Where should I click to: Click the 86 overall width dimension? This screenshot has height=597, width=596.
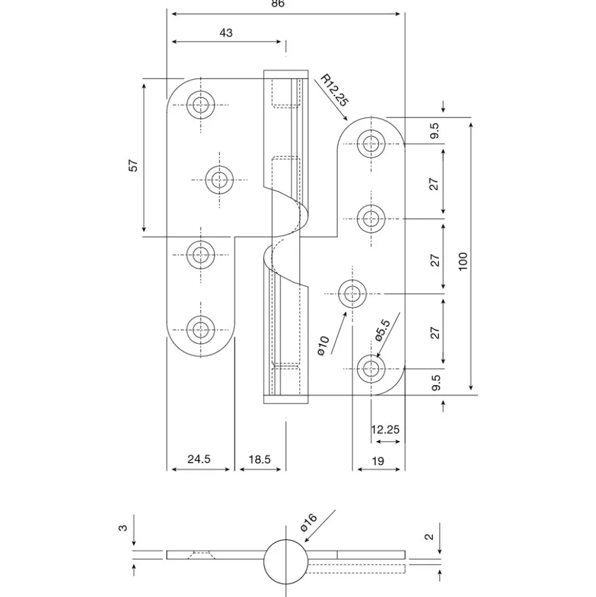(278, 4)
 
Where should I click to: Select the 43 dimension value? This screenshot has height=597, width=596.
(226, 33)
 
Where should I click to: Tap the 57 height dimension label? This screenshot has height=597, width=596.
(134, 166)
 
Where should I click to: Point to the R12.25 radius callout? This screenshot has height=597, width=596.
(334, 90)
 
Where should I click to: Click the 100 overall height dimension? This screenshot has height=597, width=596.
(463, 261)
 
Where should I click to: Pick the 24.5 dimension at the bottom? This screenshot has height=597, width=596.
(199, 459)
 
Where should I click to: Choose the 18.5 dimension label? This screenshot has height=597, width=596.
(260, 459)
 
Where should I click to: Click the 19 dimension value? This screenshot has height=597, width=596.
(378, 461)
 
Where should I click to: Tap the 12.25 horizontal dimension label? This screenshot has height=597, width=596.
(385, 430)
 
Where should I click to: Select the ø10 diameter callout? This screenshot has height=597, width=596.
(323, 346)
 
